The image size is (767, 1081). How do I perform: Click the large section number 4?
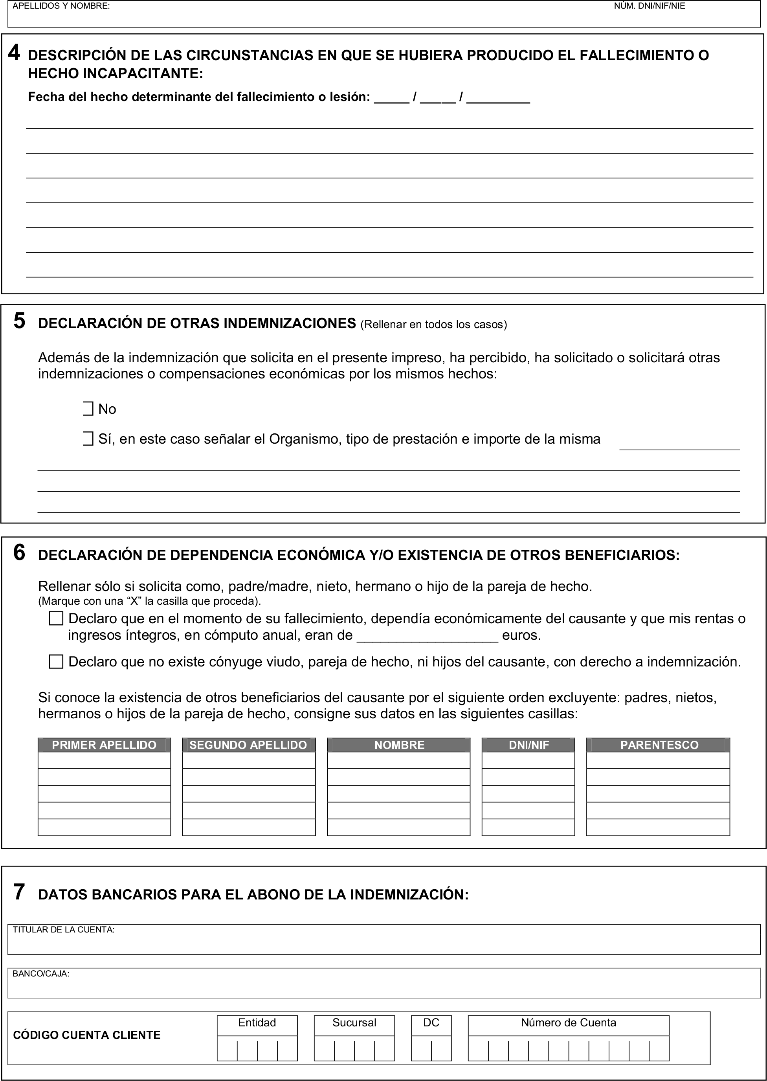14,53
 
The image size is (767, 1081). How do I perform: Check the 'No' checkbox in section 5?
88,409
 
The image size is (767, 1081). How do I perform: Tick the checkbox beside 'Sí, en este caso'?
88,439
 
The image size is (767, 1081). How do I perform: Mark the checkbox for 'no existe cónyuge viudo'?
56,662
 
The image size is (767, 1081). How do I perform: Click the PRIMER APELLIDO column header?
104,745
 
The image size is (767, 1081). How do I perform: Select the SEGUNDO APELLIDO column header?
248,745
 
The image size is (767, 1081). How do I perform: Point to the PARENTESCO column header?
659,745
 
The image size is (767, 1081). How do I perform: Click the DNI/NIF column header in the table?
528,745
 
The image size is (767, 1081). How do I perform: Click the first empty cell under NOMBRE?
398,760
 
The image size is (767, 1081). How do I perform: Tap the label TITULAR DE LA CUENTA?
63,930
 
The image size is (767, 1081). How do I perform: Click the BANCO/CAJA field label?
41,974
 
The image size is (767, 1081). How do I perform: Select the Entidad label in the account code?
257,1023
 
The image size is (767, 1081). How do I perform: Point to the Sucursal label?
354,1023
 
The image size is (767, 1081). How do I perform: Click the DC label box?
431,1023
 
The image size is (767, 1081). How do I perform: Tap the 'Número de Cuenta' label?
568,1023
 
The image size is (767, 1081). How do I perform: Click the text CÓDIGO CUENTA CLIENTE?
87,1035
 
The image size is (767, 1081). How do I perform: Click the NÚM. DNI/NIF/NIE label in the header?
650,6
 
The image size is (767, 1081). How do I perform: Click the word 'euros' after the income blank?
521,635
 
